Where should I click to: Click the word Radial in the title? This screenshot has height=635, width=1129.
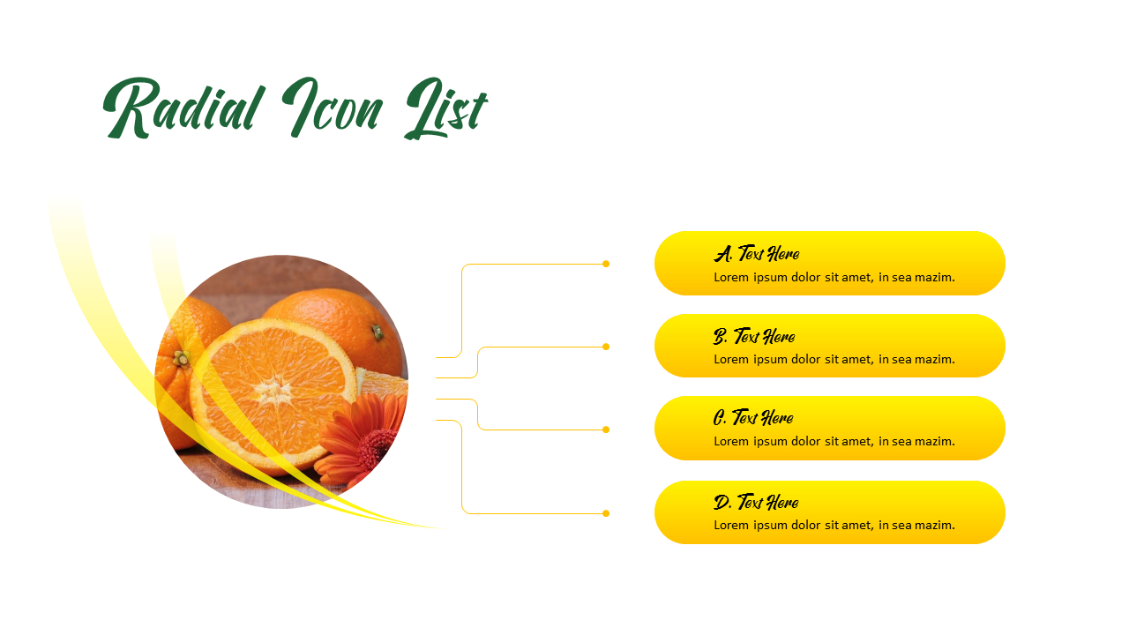(184, 108)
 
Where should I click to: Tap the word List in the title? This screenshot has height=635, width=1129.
(445, 110)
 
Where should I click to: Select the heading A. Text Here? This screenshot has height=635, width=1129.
(757, 254)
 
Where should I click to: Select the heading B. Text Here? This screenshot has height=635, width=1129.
(754, 336)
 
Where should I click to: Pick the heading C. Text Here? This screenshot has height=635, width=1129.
(753, 418)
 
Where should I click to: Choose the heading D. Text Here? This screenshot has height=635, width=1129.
(756, 503)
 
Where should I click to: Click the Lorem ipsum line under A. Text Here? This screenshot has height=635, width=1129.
(834, 277)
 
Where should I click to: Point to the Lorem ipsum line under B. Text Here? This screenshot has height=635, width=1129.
(834, 359)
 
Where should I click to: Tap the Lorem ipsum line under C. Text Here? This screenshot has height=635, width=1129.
(834, 441)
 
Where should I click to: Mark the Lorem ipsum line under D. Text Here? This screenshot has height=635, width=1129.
(834, 525)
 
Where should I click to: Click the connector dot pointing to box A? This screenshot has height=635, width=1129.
(606, 264)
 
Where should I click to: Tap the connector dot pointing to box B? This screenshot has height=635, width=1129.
(606, 347)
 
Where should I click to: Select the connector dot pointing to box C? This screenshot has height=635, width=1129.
(606, 430)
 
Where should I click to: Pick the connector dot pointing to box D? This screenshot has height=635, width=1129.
(606, 513)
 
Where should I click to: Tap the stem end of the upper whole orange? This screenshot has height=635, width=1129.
(377, 332)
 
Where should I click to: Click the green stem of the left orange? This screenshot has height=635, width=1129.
(181, 358)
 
